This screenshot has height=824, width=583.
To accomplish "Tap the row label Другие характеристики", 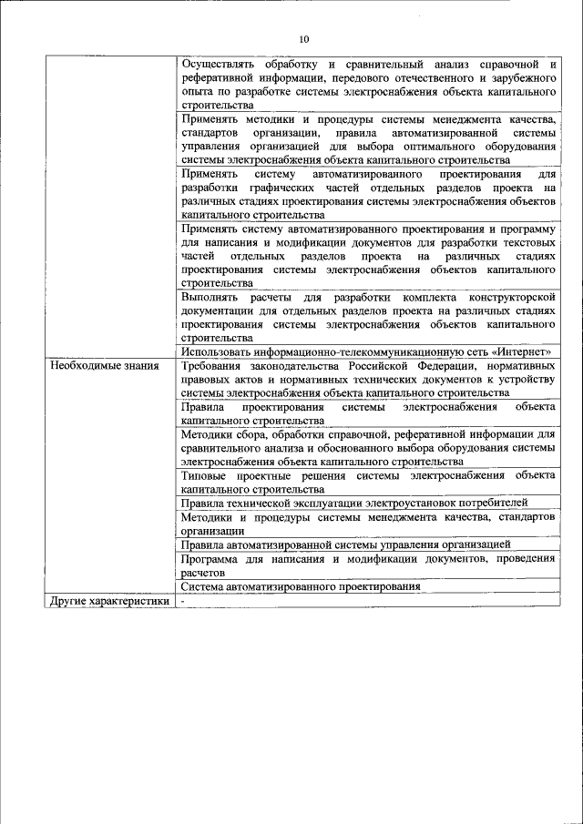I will pyautogui.click(x=109, y=601).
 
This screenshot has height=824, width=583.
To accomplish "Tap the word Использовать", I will pyautogui.click(x=221, y=351).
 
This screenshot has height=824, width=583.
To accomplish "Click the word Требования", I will pyautogui.click(x=215, y=366).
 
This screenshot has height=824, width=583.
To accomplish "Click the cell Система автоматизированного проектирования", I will pyautogui.click(x=300, y=587).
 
